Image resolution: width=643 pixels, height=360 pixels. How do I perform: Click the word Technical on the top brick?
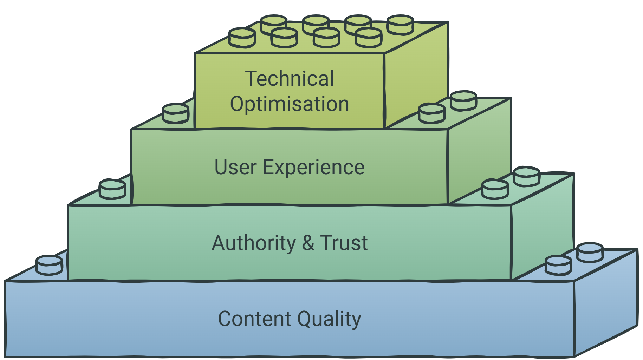click(290, 78)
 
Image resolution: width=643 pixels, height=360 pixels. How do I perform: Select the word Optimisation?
click(290, 104)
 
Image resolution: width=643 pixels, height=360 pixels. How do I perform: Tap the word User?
click(235, 167)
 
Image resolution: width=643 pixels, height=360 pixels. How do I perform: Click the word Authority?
click(254, 243)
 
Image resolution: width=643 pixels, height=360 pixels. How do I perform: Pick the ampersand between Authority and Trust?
click(308, 243)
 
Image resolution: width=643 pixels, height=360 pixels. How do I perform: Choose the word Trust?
click(344, 243)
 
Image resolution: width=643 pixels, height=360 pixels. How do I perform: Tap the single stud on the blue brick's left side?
click(50, 265)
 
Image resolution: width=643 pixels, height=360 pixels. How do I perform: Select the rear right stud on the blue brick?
click(590, 252)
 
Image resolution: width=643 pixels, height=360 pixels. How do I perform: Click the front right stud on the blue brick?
click(558, 265)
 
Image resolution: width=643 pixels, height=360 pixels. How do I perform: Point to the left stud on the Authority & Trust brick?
click(112, 189)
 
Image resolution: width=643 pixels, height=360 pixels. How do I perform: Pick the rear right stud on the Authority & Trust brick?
click(527, 177)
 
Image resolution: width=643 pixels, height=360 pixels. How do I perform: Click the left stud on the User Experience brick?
click(176, 113)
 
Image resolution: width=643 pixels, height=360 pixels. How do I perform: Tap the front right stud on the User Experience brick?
click(432, 113)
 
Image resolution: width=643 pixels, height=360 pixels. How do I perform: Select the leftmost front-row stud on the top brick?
click(242, 38)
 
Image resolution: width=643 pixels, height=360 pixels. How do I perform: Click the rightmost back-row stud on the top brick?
click(400, 25)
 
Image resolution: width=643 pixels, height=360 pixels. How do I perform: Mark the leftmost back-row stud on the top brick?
click(274, 25)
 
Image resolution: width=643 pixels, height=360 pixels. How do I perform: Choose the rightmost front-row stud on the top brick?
click(369, 38)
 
